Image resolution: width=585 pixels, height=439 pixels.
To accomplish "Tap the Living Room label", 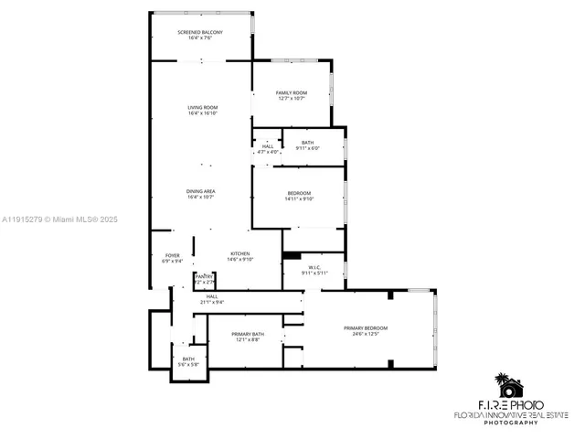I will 201,108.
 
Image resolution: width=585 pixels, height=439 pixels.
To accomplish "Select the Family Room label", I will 292,93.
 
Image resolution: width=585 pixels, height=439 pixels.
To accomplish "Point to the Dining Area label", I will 201,191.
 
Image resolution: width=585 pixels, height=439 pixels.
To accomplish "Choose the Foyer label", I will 172,256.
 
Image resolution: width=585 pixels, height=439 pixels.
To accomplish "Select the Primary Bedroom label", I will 366,328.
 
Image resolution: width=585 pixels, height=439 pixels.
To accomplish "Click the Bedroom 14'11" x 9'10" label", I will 300,193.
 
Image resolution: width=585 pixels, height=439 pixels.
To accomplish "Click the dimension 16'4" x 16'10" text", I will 201,113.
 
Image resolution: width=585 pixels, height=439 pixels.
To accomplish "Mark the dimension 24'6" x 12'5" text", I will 366,334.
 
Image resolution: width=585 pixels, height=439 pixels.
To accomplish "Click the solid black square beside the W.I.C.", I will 292,257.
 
